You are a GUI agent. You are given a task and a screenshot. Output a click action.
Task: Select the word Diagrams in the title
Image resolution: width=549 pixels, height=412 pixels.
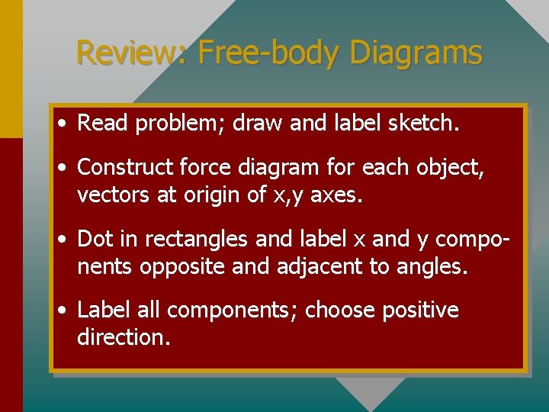(x=416, y=53)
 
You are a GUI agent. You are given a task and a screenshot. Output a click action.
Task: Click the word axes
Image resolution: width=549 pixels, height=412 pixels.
(x=339, y=196)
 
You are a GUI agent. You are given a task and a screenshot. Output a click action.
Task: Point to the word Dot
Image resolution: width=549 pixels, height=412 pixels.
(x=95, y=239)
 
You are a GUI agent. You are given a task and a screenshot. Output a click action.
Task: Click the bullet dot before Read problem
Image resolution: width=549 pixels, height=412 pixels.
(x=62, y=124)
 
